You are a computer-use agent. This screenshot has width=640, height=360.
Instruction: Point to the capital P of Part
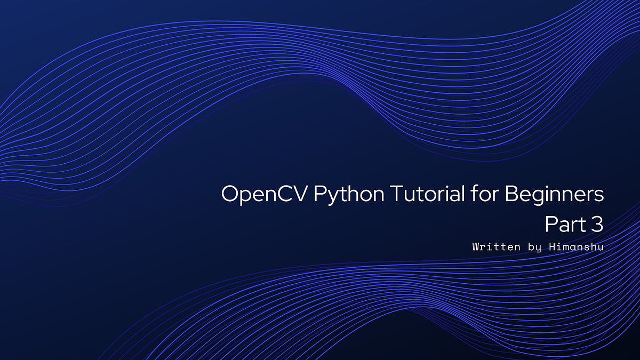(x=551, y=225)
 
